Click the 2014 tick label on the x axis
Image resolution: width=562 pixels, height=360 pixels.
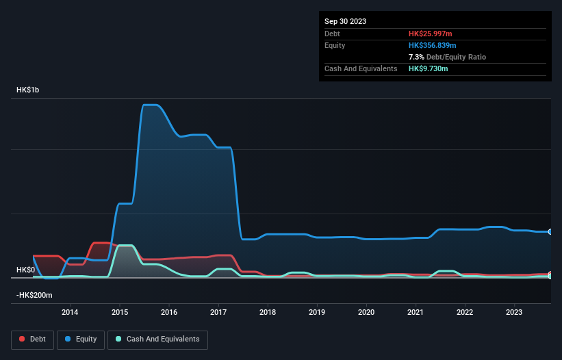[x=69, y=312]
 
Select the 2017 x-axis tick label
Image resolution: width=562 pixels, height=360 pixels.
[x=218, y=312]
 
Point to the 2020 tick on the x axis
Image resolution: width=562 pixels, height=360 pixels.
[x=366, y=312]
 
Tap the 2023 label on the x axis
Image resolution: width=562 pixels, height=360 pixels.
[x=514, y=312]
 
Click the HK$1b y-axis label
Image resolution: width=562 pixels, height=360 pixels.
[x=30, y=90]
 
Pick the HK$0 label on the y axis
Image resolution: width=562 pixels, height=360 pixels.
[x=25, y=270]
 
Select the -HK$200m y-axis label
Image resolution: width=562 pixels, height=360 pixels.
[x=36, y=295]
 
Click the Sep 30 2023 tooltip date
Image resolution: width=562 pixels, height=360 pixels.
[x=345, y=21]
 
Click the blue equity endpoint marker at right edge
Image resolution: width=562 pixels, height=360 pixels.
[x=550, y=232]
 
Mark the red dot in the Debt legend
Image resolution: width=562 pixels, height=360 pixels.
[x=23, y=339]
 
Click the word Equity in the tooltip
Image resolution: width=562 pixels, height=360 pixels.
[x=335, y=45]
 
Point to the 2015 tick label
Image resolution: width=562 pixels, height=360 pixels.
[x=119, y=312]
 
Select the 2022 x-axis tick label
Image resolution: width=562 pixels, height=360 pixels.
[x=465, y=312]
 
